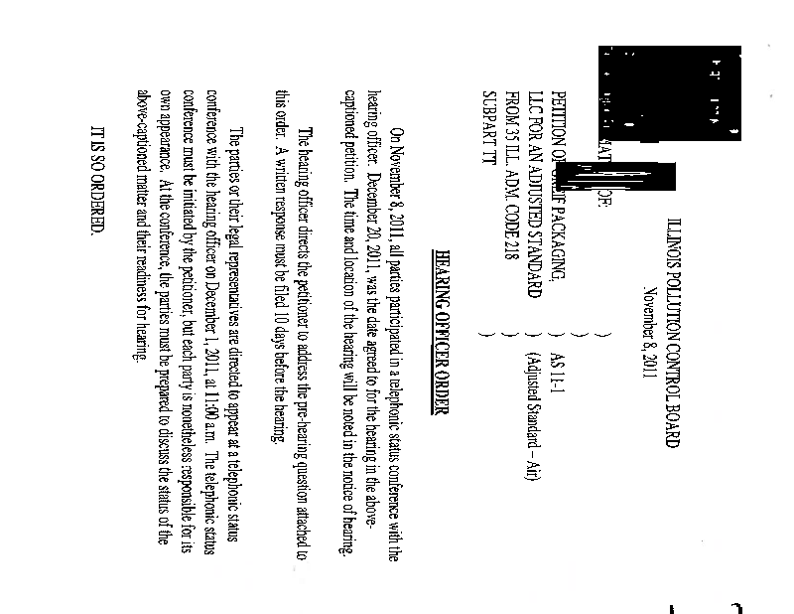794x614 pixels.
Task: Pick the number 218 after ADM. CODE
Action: click(513, 257)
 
